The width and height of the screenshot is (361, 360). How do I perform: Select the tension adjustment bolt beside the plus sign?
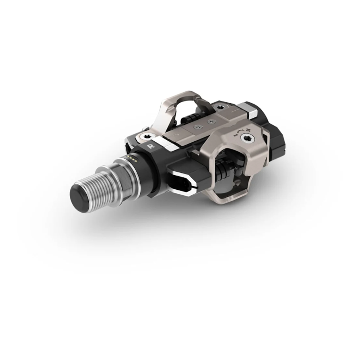point(247,138)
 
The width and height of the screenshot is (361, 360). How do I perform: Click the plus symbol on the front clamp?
point(248,130)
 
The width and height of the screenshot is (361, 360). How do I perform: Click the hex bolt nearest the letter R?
point(146,137)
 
